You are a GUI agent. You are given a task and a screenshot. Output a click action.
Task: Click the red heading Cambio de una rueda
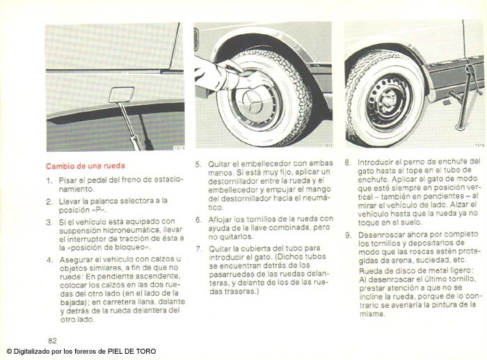(x=86, y=166)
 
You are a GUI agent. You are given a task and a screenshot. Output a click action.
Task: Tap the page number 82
(x=52, y=341)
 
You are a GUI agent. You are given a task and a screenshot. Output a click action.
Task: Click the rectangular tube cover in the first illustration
(x=122, y=95)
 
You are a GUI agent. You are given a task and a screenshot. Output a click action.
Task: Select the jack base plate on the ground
(x=460, y=127)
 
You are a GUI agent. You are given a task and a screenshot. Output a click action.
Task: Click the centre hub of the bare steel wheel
(x=388, y=102)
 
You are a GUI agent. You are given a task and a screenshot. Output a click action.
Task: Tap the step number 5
(x=198, y=164)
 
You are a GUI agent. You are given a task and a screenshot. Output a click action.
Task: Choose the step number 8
(x=348, y=162)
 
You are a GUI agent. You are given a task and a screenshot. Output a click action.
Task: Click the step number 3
(x=49, y=223)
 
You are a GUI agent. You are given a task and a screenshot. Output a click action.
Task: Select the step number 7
(x=199, y=249)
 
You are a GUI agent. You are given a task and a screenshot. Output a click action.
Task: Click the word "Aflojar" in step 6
(x=220, y=219)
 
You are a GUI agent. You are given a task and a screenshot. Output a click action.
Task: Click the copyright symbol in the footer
(x=9, y=352)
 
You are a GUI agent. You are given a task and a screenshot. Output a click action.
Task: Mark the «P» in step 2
(x=99, y=210)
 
